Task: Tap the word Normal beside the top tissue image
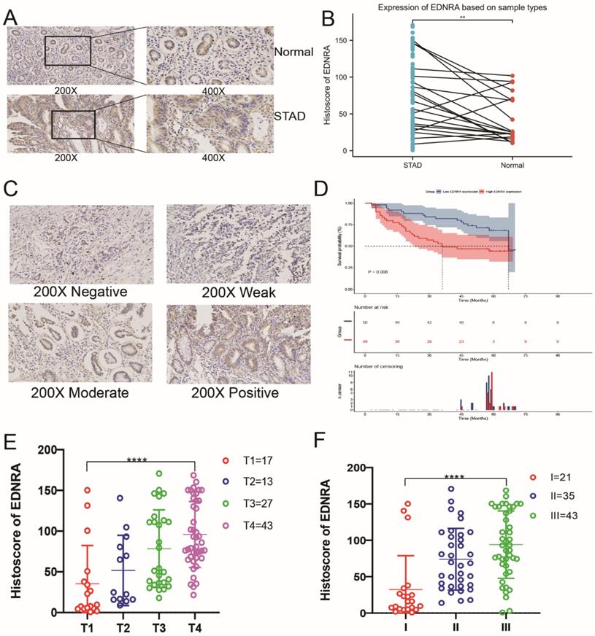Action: pos(296,53)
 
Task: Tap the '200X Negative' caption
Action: pos(80,292)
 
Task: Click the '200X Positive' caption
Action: pos(233,393)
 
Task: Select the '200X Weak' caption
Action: pos(234,292)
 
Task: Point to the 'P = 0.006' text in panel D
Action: pos(383,272)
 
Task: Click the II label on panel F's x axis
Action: pos(458,627)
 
